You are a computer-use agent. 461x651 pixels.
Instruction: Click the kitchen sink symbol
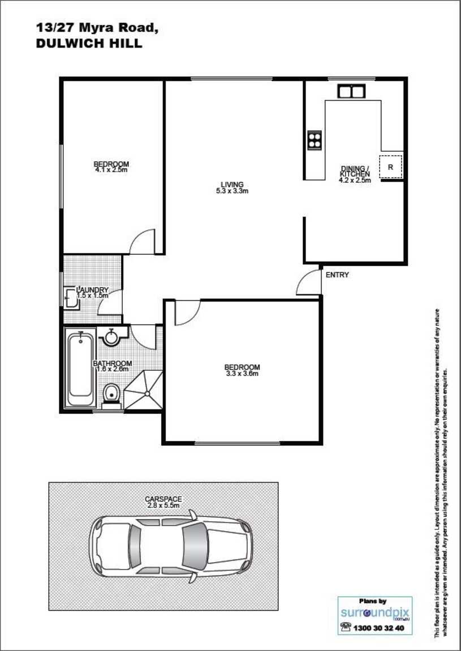click(351, 91)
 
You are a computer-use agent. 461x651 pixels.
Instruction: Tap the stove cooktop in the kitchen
click(314, 139)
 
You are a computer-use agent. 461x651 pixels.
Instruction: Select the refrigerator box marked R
click(390, 166)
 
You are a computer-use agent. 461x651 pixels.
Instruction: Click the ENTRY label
click(337, 275)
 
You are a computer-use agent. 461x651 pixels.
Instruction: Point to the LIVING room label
click(232, 185)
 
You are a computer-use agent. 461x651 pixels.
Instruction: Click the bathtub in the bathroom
click(80, 369)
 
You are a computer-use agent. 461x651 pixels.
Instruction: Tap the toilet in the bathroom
click(111, 393)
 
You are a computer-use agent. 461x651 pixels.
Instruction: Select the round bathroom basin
click(111, 337)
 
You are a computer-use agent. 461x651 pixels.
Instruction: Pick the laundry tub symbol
click(71, 298)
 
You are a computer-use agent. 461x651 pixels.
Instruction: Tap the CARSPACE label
click(163, 499)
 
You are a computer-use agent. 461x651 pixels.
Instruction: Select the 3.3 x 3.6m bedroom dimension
click(242, 374)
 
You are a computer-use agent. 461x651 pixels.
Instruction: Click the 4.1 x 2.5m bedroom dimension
click(111, 170)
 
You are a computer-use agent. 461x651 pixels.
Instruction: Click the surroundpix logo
click(374, 613)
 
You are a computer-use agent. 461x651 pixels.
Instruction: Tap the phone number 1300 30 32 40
click(378, 628)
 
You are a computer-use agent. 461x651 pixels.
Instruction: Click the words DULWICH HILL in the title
click(89, 44)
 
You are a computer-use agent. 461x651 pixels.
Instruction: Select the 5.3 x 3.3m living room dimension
click(232, 191)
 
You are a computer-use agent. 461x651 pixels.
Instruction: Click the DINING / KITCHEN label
click(355, 172)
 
